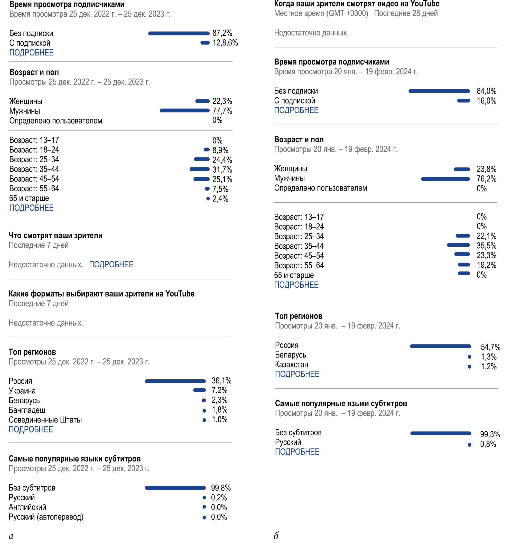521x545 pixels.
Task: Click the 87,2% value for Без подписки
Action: (222, 33)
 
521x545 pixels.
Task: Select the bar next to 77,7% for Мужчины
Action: (185, 110)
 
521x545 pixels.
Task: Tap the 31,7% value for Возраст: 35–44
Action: (222, 169)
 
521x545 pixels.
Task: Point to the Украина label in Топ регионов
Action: (22, 391)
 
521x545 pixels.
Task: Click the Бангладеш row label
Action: (27, 410)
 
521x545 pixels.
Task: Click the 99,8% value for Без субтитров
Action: (221, 488)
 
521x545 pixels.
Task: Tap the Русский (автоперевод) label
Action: (46, 517)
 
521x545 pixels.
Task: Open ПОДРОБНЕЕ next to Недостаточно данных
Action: (111, 264)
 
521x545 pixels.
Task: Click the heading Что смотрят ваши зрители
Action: (55, 236)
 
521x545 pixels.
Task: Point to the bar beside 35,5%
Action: (458, 245)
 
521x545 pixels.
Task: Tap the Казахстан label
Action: (292, 364)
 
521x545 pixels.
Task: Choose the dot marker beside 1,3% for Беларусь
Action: (469, 357)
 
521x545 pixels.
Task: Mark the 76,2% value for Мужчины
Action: (486, 179)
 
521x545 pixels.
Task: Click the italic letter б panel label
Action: (276, 535)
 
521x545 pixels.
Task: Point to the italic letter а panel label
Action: (11, 536)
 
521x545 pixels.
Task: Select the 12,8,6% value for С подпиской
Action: (225, 43)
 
